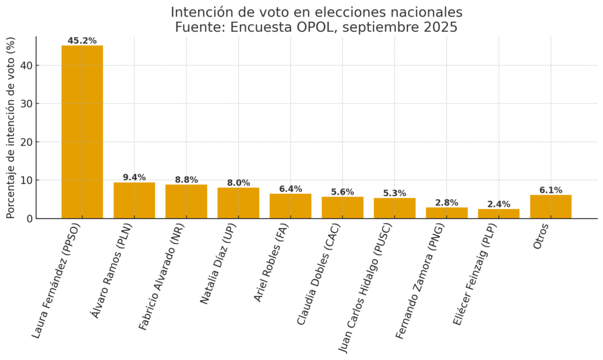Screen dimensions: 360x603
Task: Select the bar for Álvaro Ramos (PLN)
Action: coord(134,200)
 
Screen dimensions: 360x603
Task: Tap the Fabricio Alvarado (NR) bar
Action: coord(186,202)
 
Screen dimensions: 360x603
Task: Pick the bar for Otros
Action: coord(551,207)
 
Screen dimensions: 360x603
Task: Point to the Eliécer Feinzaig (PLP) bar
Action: coord(498,213)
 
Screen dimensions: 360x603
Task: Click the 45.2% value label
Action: coord(82,41)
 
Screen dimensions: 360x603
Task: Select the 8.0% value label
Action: coord(238,183)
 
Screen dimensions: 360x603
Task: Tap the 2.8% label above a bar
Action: coord(446,203)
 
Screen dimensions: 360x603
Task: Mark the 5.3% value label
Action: coord(395,193)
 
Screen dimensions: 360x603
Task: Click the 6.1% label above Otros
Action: coord(551,190)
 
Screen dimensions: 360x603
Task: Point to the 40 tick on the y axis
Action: coord(25,65)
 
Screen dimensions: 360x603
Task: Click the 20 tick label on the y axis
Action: coord(25,142)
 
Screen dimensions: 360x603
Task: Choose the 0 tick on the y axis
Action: coord(29,219)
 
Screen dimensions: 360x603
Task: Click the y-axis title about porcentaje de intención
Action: coord(11,128)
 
